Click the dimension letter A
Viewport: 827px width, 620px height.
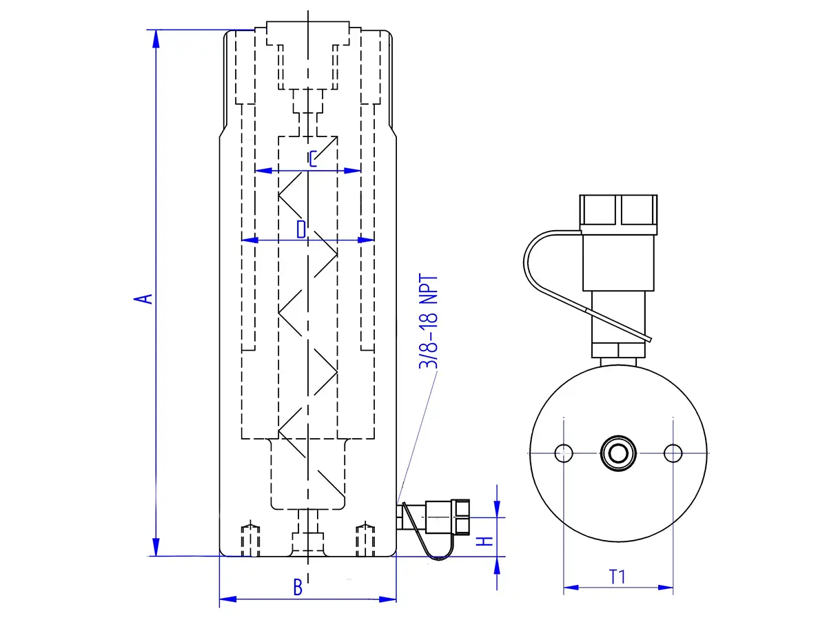[143, 298]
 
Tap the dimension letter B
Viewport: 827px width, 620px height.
[298, 588]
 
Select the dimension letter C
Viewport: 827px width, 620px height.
[313, 159]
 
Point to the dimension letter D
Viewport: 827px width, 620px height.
[300, 229]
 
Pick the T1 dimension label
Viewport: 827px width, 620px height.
[617, 577]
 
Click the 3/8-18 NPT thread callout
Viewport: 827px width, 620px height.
[429, 322]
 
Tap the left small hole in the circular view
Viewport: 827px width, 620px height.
[564, 453]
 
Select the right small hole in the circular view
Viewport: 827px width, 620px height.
[673, 453]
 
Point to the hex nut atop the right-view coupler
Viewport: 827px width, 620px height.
[618, 211]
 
